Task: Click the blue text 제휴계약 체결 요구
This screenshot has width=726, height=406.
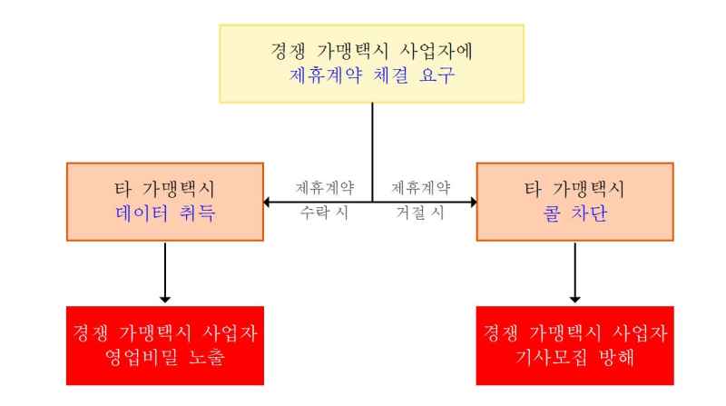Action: (372, 75)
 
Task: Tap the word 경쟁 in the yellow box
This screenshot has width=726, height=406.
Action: (288, 51)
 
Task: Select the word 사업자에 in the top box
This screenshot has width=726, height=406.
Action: (436, 51)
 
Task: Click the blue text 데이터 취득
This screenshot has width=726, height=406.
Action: (165, 213)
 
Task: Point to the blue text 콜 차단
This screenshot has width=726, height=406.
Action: (575, 213)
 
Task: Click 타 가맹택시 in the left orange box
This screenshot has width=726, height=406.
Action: (165, 189)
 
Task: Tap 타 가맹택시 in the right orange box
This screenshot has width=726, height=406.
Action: (574, 189)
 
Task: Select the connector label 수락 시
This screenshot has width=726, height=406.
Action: (324, 213)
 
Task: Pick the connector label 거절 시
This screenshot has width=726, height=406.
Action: (420, 213)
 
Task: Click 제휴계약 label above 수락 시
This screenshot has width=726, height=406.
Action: (325, 188)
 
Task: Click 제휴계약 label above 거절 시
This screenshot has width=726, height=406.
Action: (421, 188)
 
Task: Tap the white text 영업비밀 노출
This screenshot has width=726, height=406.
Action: (165, 357)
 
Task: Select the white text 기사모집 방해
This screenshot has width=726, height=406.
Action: (574, 357)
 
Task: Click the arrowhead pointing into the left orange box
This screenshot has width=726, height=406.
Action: (266, 202)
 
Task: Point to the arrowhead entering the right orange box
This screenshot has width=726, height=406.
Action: (474, 202)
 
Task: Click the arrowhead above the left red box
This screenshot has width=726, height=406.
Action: (165, 300)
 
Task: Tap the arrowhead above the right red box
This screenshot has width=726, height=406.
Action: (575, 300)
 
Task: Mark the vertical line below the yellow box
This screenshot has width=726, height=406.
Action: (372, 153)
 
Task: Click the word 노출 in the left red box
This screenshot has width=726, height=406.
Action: (207, 357)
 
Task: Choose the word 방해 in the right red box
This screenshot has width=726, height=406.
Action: (616, 357)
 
